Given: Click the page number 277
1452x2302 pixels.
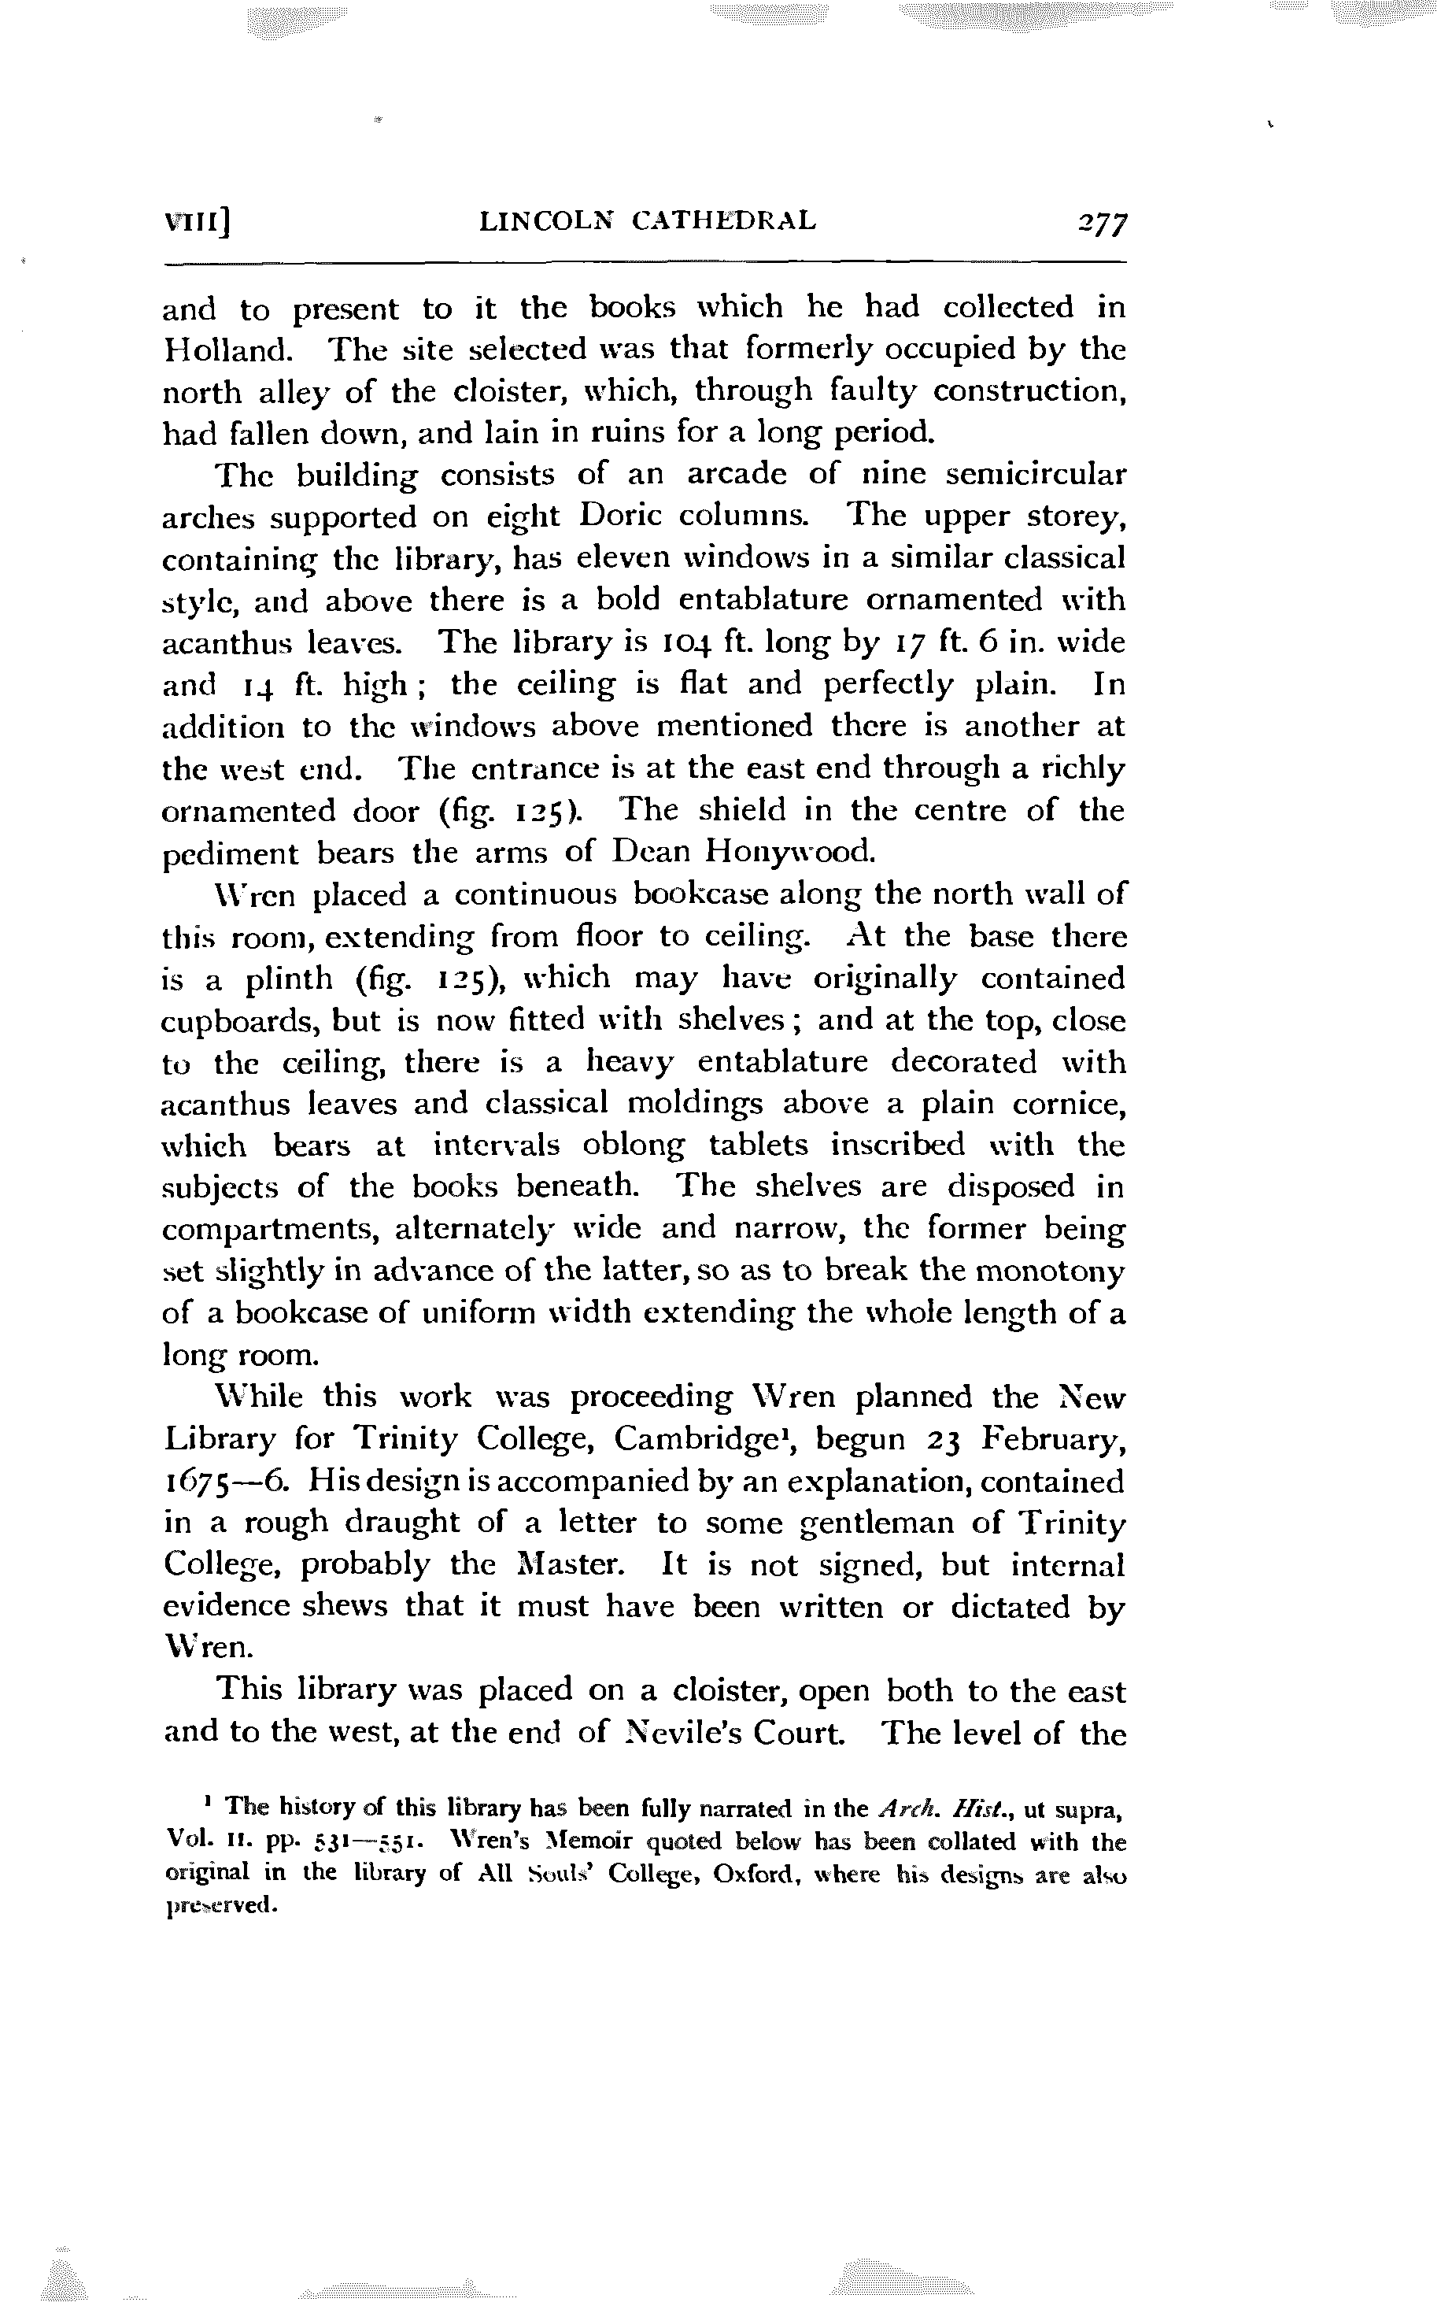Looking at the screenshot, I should [1101, 224].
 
